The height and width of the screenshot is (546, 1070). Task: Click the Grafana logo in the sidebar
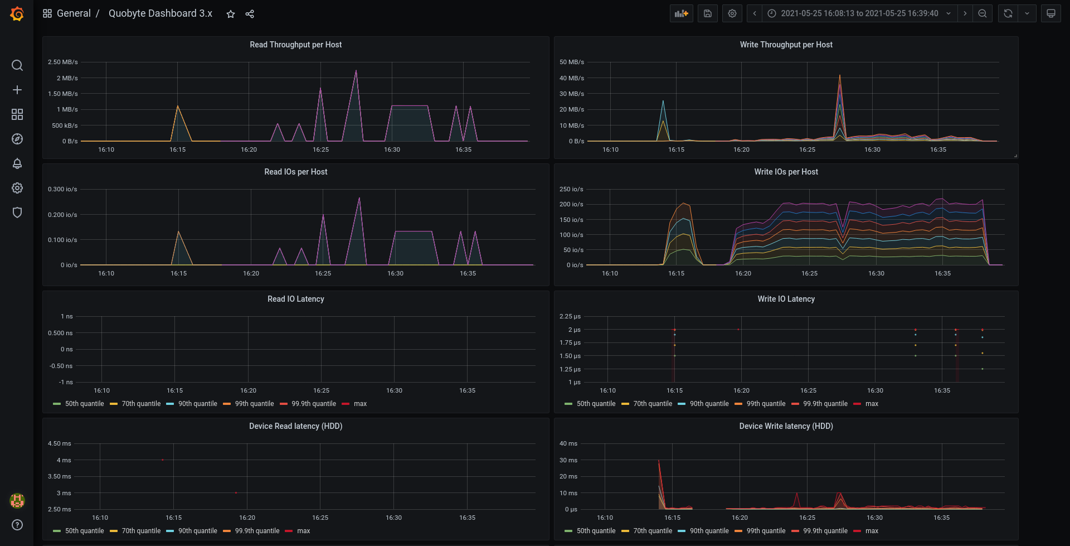click(17, 14)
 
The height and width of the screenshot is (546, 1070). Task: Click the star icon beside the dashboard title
click(231, 14)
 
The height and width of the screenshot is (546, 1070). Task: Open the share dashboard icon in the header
click(250, 14)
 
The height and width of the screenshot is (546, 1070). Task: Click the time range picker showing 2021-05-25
click(859, 13)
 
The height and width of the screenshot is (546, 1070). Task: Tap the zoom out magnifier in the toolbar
click(983, 13)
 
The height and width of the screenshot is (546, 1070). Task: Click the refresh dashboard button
click(1008, 13)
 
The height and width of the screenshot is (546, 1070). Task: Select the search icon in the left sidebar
click(17, 65)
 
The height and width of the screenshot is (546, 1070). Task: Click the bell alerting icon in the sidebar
click(17, 163)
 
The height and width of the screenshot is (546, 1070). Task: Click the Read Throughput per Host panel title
click(296, 45)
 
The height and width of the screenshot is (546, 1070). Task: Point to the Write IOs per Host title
click(786, 172)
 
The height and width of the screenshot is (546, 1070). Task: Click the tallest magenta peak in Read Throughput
click(356, 71)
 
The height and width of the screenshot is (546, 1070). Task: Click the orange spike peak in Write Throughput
click(840, 75)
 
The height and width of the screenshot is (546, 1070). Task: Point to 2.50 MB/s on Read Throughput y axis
click(63, 62)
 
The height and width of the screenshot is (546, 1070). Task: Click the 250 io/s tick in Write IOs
click(571, 189)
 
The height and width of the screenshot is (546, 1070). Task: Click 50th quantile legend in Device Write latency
click(590, 531)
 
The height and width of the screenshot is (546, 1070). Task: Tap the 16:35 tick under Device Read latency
click(468, 518)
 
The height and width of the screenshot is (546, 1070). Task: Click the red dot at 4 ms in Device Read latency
click(163, 460)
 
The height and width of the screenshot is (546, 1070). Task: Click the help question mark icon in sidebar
click(17, 525)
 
